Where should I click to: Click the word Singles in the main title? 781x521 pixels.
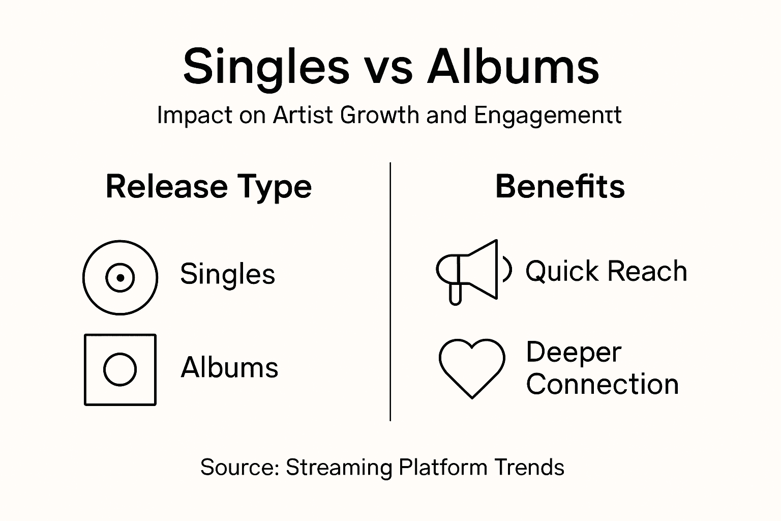pos(266,67)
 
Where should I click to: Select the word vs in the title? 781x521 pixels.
pos(388,70)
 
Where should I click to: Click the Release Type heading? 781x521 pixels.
pos(208,187)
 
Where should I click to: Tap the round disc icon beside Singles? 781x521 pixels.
pos(120,278)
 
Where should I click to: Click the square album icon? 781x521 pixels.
pos(120,369)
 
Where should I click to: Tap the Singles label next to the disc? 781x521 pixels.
pos(227,274)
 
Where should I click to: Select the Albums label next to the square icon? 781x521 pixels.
pos(229,367)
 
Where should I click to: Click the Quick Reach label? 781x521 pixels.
pos(606,271)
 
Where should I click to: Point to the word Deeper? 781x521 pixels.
pos(574,352)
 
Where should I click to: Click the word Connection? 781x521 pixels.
pos(602,385)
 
